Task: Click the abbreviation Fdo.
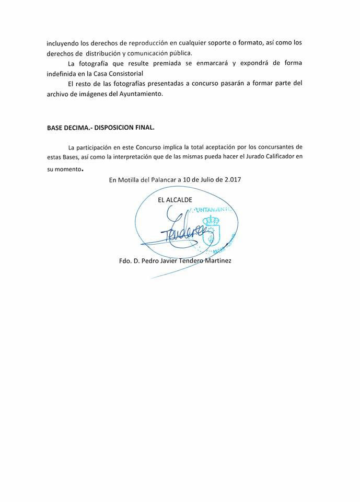click(125, 260)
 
